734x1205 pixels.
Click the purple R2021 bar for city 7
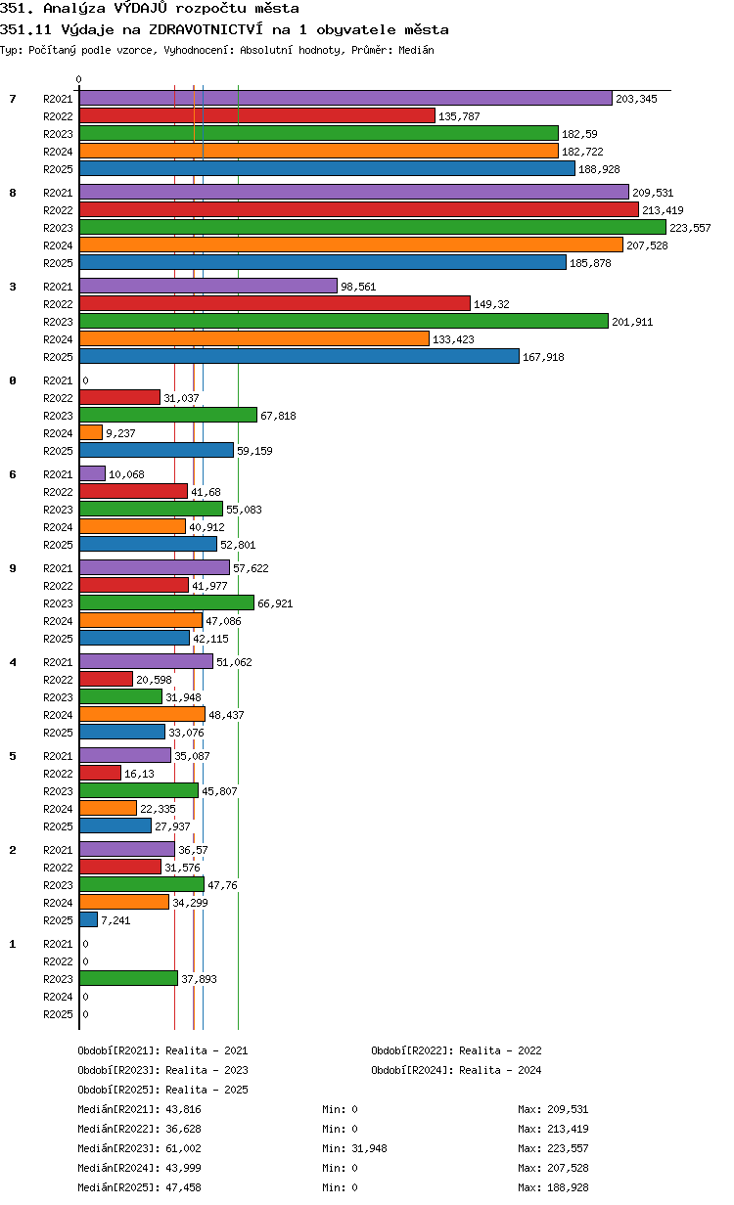click(x=345, y=99)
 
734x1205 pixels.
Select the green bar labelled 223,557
click(x=372, y=228)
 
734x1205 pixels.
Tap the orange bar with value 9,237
click(x=91, y=432)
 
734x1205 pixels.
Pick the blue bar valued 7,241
click(x=88, y=919)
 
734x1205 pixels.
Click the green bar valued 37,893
click(x=128, y=978)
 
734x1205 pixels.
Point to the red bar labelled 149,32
click(x=275, y=303)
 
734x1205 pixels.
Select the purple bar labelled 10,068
click(x=93, y=474)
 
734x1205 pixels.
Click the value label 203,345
click(x=636, y=99)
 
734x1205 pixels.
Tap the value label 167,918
click(x=543, y=357)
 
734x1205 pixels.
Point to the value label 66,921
click(x=275, y=603)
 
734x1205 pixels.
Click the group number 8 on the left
click(x=13, y=193)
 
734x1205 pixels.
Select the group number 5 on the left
click(x=13, y=756)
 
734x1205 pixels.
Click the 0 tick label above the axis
click(x=78, y=79)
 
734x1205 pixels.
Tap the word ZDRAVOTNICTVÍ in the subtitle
click(x=206, y=29)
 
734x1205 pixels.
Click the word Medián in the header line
click(x=416, y=50)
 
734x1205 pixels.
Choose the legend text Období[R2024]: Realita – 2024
click(x=456, y=1070)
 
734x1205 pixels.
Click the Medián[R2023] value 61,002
click(x=183, y=1148)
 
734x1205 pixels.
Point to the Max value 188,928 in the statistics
click(x=568, y=1187)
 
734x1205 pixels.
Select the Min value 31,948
click(x=369, y=1148)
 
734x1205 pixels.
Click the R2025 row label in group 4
click(x=58, y=733)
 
